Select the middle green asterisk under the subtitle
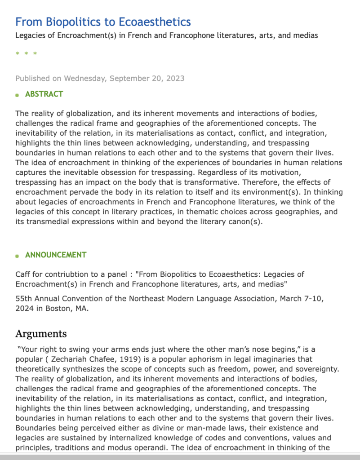click(26, 54)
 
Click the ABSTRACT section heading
click(44, 94)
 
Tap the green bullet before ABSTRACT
click(17, 95)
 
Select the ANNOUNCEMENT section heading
click(56, 255)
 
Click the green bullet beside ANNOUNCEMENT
click(17, 256)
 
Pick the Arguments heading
click(41, 334)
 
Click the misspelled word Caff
click(23, 274)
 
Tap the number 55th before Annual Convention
click(23, 299)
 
